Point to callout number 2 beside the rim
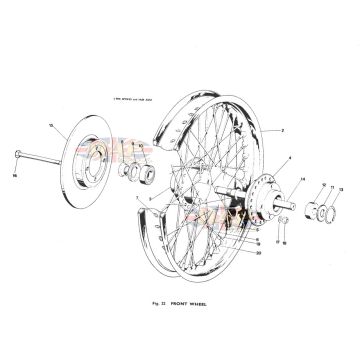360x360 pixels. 283,131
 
